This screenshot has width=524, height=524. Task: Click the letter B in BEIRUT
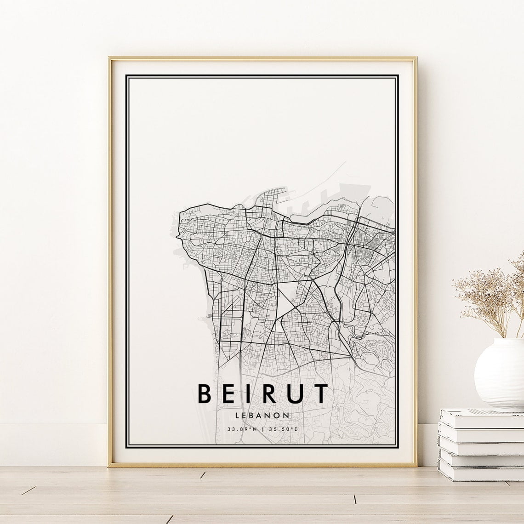point(205,393)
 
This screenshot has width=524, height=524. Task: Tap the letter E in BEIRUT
point(229,393)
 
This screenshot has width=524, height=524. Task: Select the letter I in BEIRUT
point(249,393)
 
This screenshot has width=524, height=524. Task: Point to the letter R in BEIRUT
point(269,393)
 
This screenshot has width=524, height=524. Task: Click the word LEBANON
point(262,415)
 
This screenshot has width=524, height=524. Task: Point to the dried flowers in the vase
point(487,294)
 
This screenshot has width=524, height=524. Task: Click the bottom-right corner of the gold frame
point(416,465)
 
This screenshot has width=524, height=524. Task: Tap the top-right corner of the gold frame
point(416,58)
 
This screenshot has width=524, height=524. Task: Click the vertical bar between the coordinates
point(262,429)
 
